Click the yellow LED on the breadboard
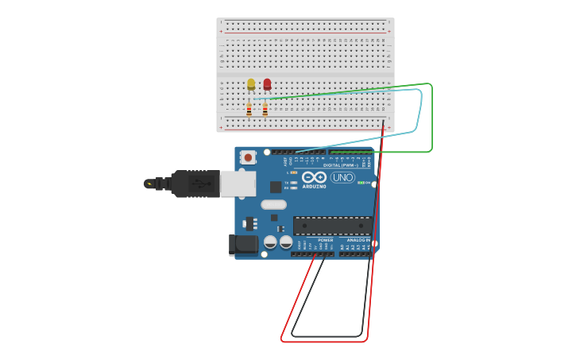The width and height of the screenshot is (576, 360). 251,83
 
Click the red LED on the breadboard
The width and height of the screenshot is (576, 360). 267,83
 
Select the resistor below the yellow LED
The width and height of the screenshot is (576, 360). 249,110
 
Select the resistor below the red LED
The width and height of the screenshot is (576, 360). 265,110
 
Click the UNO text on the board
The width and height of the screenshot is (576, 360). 342,177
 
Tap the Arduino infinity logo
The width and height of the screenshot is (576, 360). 314,177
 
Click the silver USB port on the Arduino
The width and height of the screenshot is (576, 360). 238,184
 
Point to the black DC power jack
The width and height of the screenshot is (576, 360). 243,245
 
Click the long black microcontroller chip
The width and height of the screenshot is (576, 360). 332,225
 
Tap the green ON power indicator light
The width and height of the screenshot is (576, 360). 361,183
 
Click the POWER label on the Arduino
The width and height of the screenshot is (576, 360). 326,240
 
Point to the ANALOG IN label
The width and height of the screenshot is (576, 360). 358,240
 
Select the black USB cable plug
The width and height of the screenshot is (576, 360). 195,184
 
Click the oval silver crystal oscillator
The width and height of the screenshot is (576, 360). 273,204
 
